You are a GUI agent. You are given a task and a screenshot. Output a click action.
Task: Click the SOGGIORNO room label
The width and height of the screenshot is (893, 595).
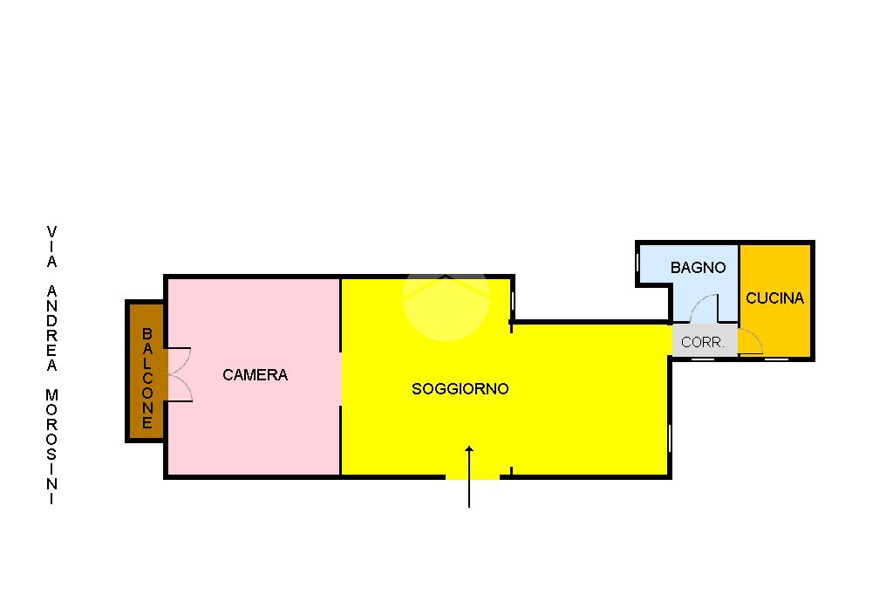[460, 389]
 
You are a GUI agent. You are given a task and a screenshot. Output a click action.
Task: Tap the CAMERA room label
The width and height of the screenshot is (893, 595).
[255, 375]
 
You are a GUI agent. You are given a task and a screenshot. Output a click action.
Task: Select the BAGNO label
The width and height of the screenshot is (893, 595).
[698, 268]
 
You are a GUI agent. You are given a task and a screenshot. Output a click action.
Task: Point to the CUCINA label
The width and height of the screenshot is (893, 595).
[774, 298]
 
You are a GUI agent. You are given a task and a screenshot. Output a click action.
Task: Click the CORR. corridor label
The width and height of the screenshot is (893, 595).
[703, 343]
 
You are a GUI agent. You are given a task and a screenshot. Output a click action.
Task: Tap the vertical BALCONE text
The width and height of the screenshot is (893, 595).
[147, 379]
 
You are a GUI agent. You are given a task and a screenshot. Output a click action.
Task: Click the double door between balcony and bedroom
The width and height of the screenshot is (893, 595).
[179, 374]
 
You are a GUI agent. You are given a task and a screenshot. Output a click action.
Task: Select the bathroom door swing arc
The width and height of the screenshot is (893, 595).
[703, 307]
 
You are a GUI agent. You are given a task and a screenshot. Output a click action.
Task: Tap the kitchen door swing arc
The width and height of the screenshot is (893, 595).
[751, 343]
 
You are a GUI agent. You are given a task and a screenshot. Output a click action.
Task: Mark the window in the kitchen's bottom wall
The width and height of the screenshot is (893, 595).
[775, 359]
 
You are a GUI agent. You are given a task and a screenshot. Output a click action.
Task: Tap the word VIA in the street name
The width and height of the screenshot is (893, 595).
[51, 246]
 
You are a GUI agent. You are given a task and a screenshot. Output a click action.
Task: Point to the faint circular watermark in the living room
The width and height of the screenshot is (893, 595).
[446, 301]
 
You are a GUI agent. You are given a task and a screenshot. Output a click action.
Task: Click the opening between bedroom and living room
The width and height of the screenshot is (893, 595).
[340, 375]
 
